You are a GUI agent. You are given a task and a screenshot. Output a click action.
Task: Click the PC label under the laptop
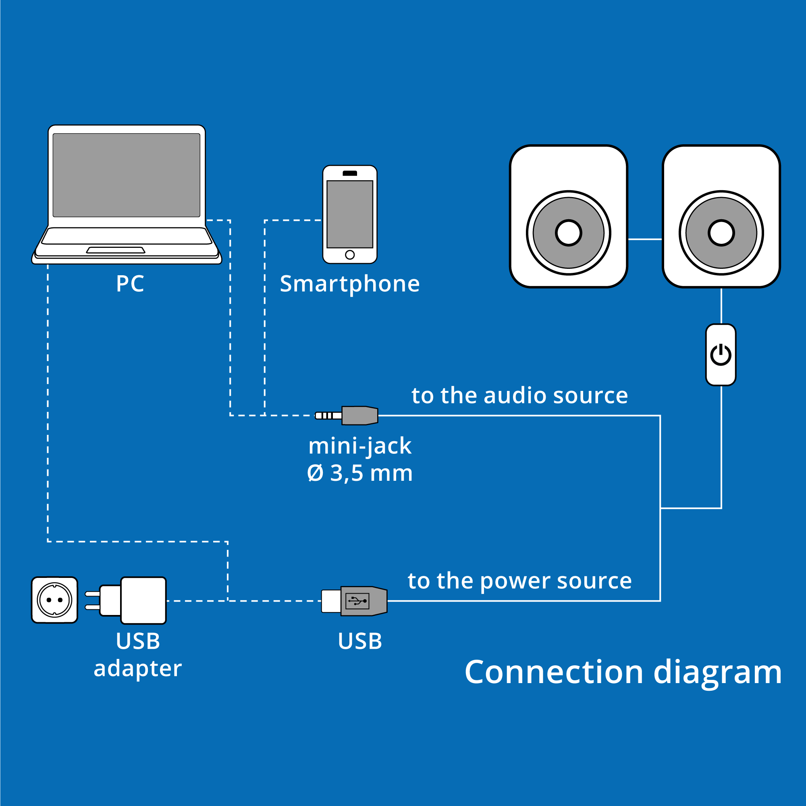coord(130,284)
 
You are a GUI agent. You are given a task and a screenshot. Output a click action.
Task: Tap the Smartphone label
coord(349,284)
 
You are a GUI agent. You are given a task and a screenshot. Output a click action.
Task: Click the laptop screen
coord(127,175)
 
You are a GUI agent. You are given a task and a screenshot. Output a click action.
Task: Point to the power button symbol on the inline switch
coord(721,355)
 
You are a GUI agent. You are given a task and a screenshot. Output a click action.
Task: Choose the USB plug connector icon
coord(355,601)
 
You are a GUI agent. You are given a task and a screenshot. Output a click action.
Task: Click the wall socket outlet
coord(55,600)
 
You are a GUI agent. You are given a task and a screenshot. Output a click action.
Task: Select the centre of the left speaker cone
coord(569,233)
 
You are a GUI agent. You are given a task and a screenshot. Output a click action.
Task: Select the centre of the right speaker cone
coord(721,233)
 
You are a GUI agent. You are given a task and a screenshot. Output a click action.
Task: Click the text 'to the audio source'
coord(519,395)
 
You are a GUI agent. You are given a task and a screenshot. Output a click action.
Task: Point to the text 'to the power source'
coord(519,581)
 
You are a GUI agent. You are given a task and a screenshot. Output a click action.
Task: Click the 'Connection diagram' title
coord(623,672)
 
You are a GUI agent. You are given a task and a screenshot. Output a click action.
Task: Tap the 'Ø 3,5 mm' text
coord(359,474)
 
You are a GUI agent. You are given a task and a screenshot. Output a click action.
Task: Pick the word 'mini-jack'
coord(359,447)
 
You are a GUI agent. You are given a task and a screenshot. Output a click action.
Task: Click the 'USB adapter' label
coord(138,654)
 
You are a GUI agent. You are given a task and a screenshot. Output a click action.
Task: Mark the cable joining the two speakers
coord(645,239)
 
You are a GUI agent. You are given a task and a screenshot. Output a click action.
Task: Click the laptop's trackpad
coord(116,250)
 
